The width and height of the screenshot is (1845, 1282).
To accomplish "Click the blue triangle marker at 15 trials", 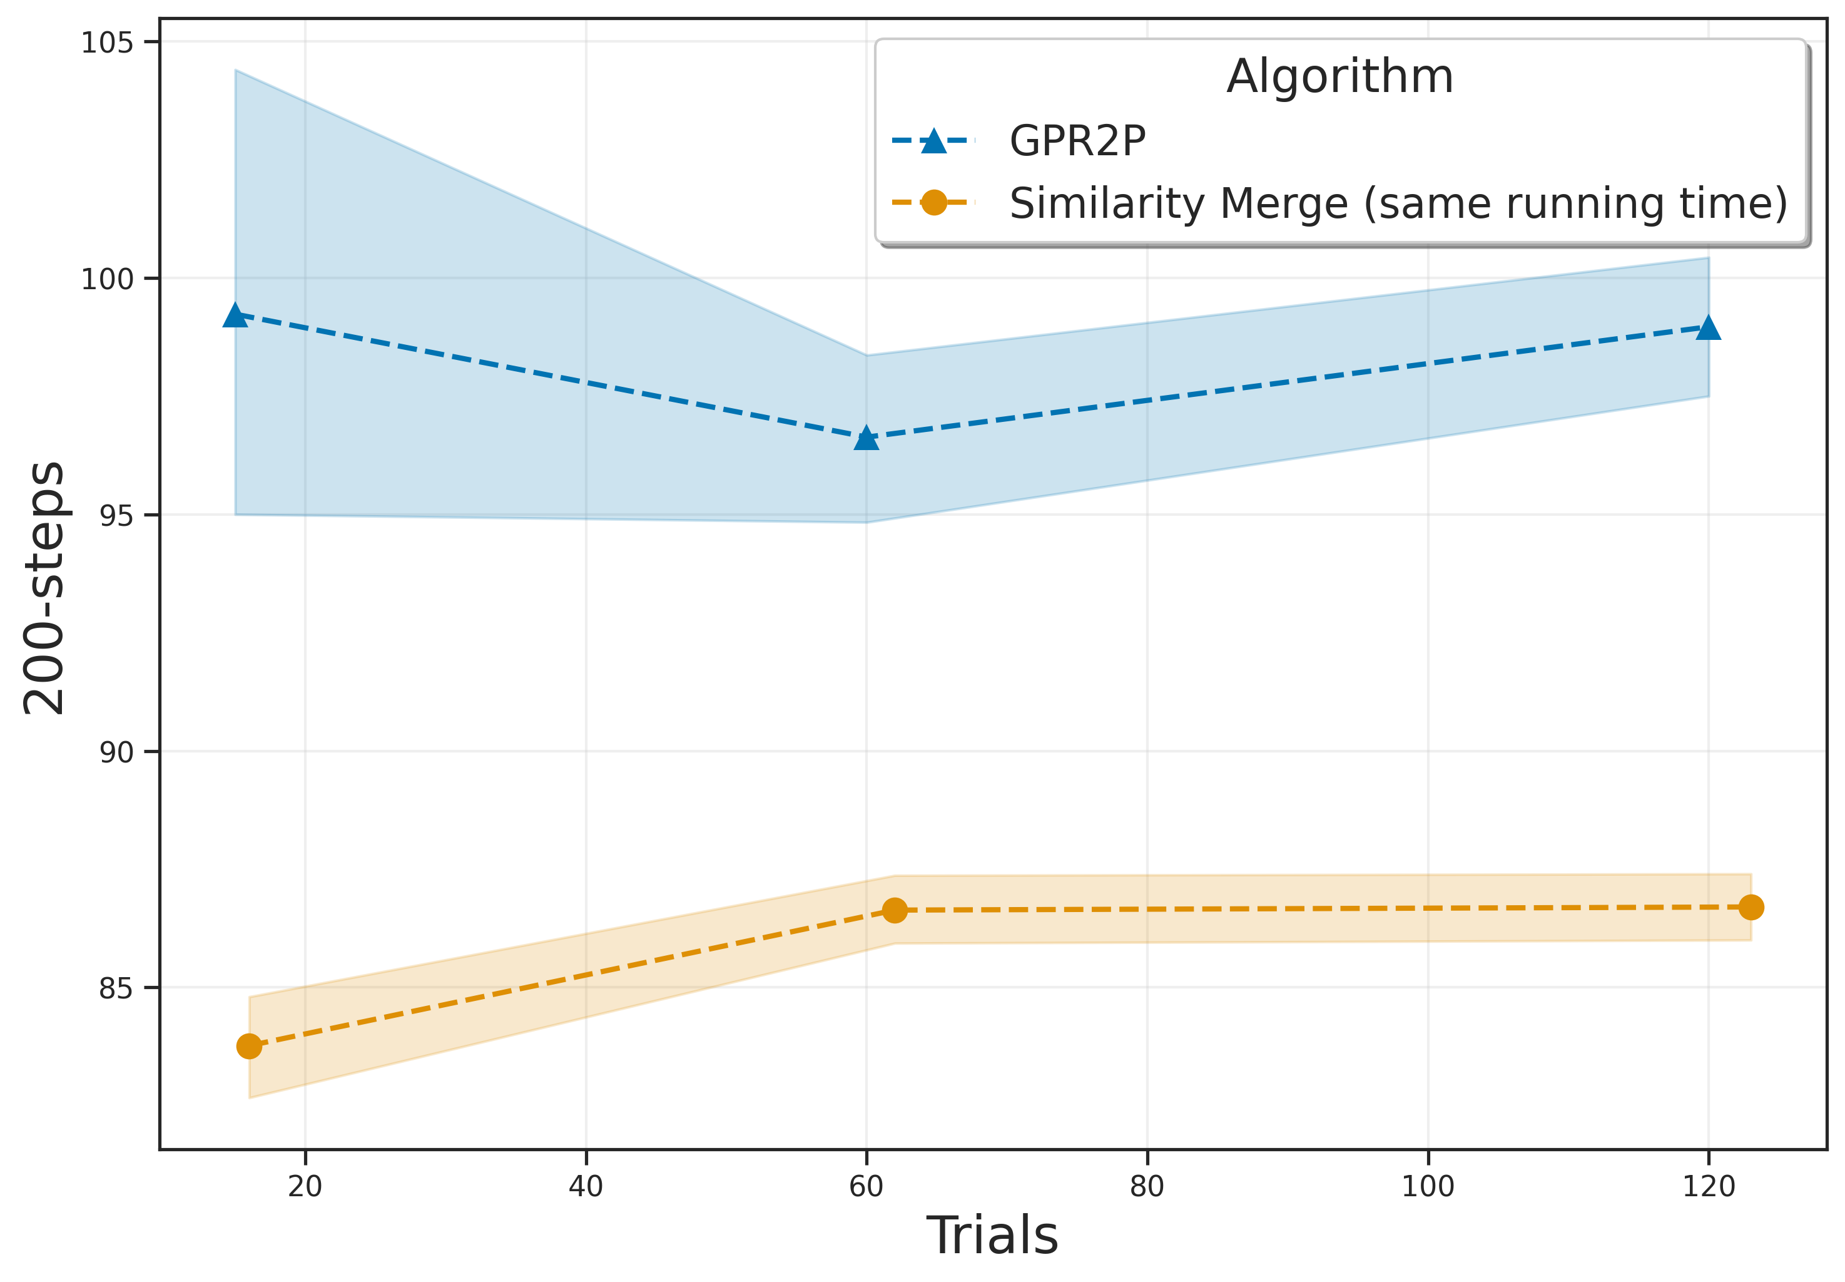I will (x=235, y=315).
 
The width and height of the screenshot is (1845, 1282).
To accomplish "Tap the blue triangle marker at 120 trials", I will (x=1708, y=329).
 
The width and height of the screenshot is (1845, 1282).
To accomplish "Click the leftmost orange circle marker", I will (x=249, y=1047).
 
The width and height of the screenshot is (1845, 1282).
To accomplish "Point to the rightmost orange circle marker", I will (x=1751, y=908).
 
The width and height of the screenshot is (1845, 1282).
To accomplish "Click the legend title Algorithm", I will (x=1339, y=77).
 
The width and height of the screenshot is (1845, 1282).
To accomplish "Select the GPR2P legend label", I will (x=1077, y=141).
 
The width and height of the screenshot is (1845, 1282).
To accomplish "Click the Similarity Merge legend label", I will (x=1398, y=203).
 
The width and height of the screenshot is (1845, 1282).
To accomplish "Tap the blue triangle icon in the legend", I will (x=933, y=141).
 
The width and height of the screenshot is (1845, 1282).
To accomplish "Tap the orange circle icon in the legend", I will (x=933, y=202).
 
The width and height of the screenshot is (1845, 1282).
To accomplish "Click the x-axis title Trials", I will (x=992, y=1236).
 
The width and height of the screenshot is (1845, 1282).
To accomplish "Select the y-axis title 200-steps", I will (x=44, y=587).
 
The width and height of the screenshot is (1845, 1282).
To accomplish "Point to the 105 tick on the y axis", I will (x=107, y=43).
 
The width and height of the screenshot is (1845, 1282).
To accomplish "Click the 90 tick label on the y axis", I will (x=116, y=752).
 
